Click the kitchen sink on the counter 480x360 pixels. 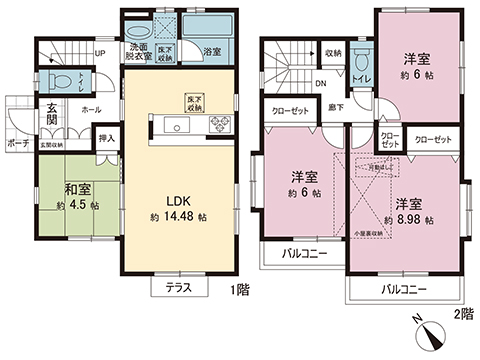176,125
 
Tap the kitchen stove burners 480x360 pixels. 217,125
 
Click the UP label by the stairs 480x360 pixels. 99,54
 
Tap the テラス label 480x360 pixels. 176,286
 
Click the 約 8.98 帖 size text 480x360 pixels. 407,216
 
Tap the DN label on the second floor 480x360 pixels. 320,84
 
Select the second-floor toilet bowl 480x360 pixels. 361,65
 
